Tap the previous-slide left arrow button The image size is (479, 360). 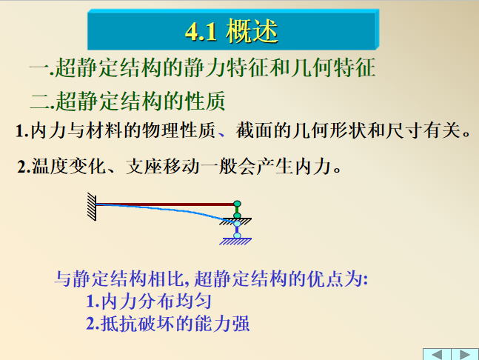437,353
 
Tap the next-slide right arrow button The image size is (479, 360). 464,353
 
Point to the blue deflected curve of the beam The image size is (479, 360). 170,213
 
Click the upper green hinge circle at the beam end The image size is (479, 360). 237,204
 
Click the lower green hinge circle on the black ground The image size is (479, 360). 237,216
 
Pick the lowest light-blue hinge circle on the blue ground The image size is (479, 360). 237,236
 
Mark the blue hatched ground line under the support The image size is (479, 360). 237,242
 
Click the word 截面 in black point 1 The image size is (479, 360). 253,133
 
